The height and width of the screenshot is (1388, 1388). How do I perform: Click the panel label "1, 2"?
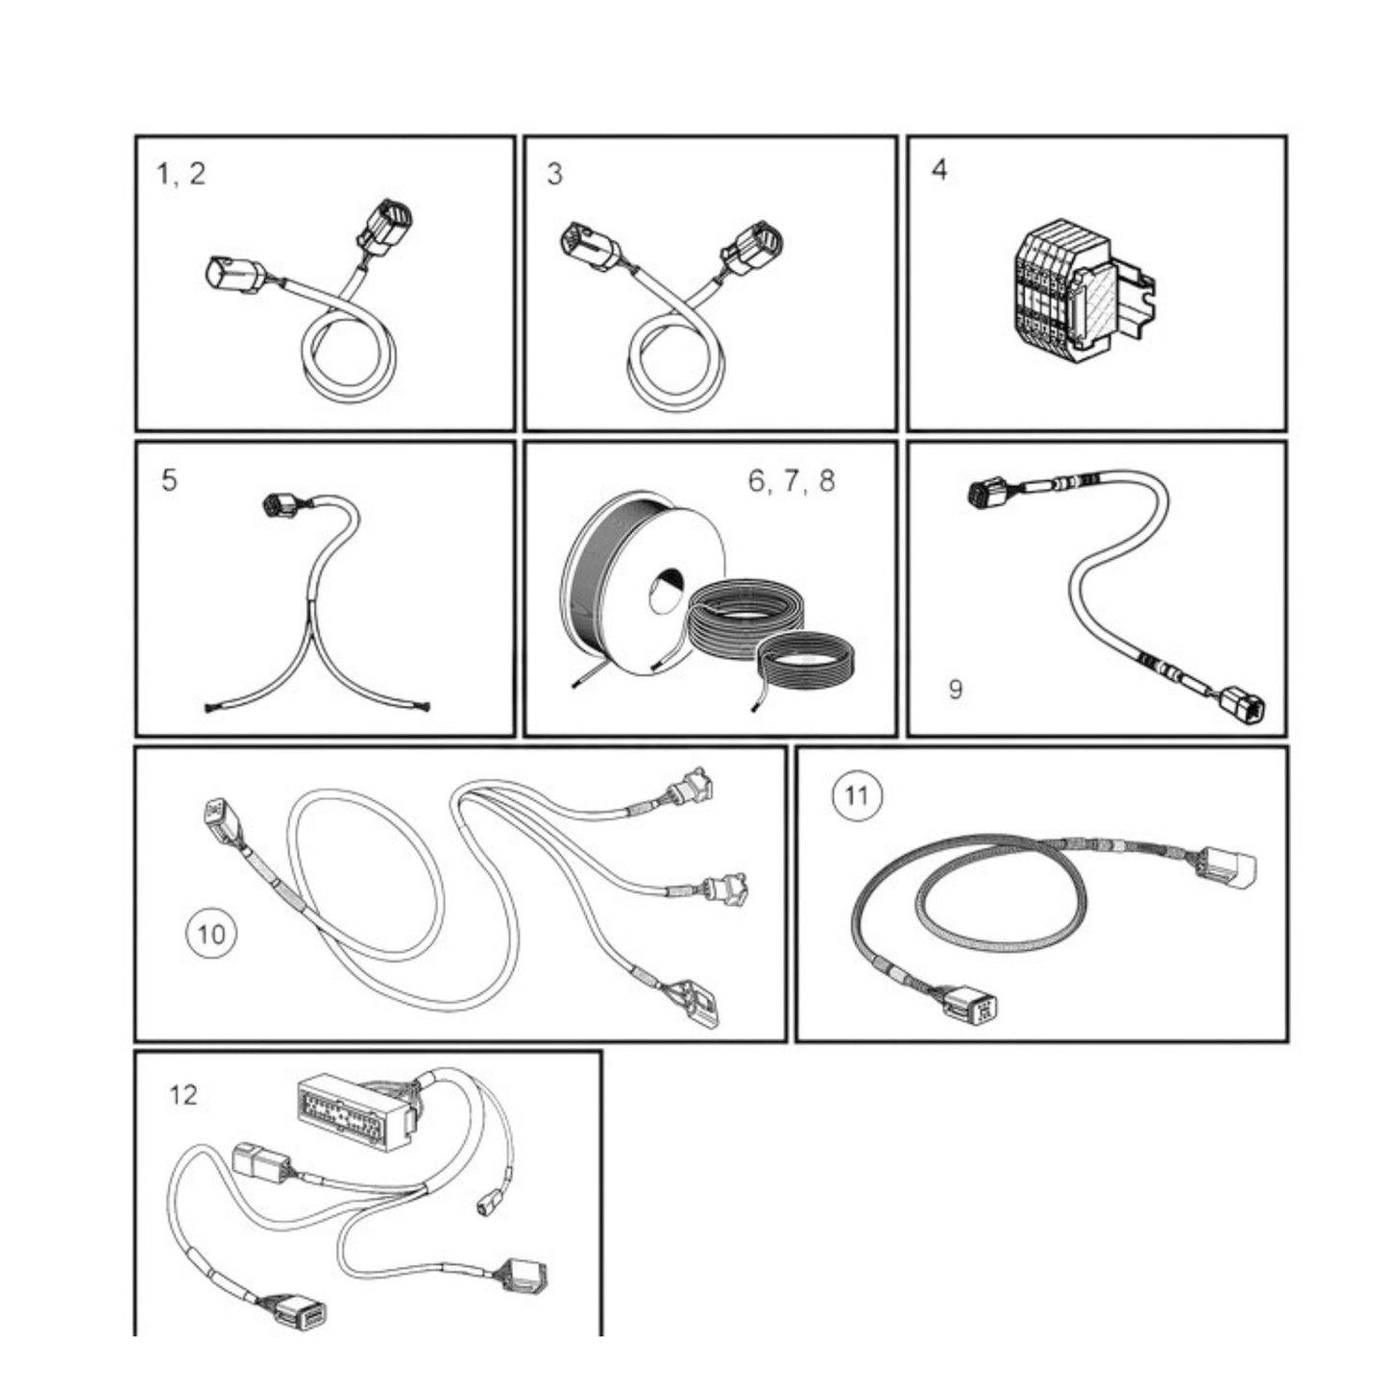tap(181, 174)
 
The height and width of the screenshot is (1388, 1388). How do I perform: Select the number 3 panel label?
tap(554, 175)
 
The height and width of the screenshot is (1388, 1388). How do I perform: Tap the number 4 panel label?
tap(938, 170)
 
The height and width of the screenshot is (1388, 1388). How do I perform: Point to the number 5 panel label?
tap(169, 480)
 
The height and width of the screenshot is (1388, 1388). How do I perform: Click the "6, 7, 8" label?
tap(791, 480)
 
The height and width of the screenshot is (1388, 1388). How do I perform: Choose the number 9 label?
tap(955, 689)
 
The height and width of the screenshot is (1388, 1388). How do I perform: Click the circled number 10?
tap(211, 933)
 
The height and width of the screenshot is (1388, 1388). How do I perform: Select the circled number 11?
tap(856, 796)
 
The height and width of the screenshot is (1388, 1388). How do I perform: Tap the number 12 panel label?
tap(183, 1094)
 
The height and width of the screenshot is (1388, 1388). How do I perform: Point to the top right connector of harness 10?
tap(693, 787)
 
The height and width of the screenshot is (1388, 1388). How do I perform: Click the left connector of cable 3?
tap(585, 246)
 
